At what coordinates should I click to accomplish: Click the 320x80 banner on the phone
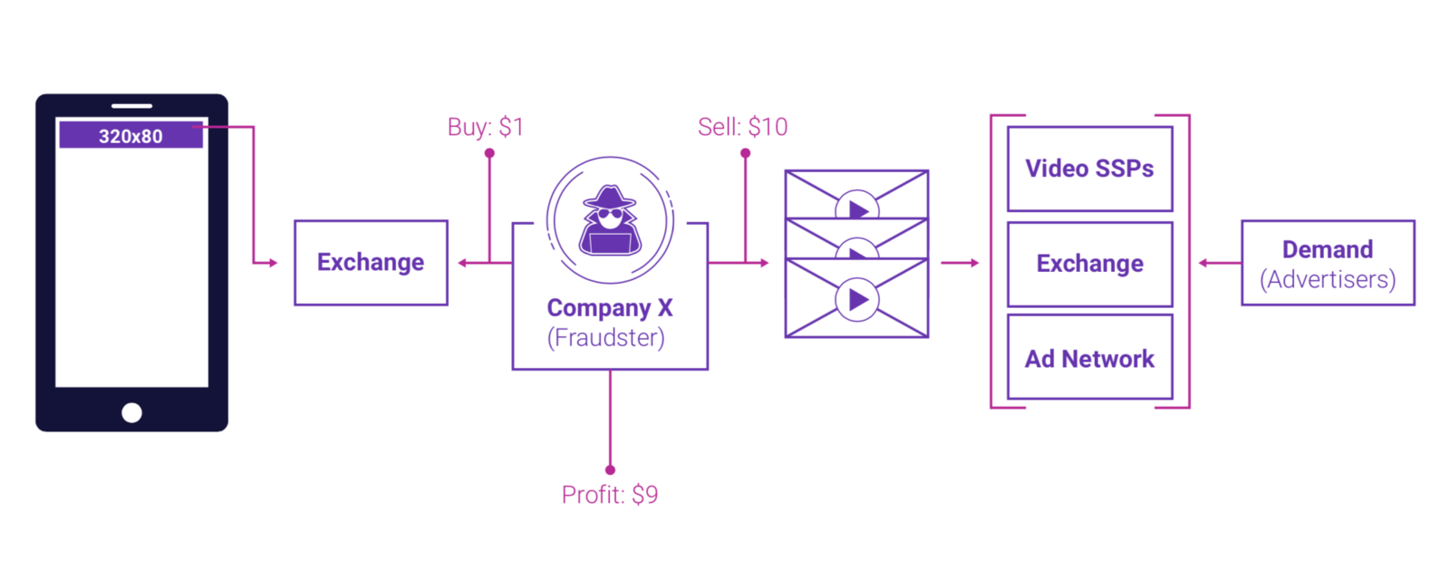click(x=130, y=136)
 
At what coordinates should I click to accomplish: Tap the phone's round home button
click(x=131, y=413)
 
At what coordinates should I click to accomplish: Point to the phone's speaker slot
click(x=131, y=106)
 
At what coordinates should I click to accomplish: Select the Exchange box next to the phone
click(x=371, y=263)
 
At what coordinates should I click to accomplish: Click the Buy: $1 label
click(x=486, y=127)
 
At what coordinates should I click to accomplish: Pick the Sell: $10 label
click(x=742, y=127)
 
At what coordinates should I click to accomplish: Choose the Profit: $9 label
click(x=610, y=495)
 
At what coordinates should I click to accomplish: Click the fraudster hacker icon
click(x=610, y=221)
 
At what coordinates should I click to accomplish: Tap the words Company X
click(x=610, y=308)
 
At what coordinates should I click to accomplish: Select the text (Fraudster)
click(x=606, y=338)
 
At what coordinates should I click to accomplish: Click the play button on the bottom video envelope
click(x=857, y=300)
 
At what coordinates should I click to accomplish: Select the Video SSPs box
click(x=1089, y=169)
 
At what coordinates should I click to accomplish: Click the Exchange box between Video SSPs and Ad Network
click(x=1089, y=264)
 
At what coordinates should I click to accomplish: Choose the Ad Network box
click(x=1089, y=359)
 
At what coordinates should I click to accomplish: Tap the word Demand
click(x=1328, y=249)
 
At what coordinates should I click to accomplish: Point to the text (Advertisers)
click(x=1328, y=279)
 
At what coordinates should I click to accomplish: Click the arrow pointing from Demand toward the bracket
click(x=1205, y=263)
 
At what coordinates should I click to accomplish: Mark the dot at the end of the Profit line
click(x=610, y=469)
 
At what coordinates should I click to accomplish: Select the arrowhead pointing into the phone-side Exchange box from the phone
click(x=272, y=263)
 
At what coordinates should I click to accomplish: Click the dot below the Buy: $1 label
click(x=489, y=153)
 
